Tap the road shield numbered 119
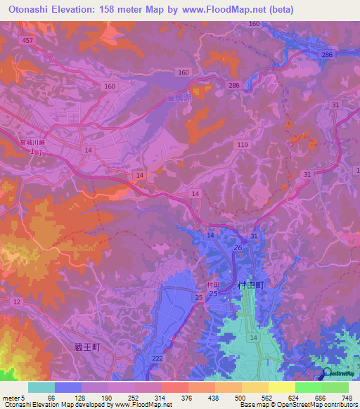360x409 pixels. click(243, 145)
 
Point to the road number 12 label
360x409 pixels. click(17, 301)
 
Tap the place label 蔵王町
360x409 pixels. click(91, 347)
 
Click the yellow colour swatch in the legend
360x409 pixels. click(281, 387)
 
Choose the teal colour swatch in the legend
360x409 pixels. click(41, 387)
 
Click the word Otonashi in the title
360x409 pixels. click(28, 8)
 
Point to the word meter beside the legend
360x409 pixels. click(10, 397)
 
